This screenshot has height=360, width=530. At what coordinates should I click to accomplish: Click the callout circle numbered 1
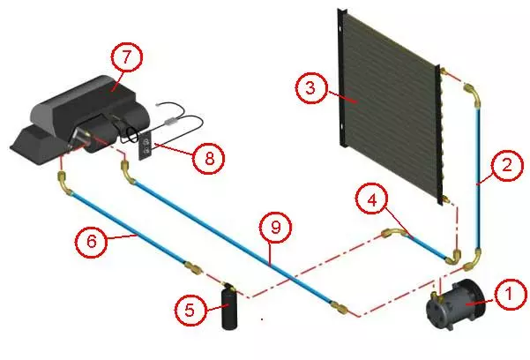pos(509,294)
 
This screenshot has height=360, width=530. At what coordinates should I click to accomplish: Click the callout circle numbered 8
pos(209,158)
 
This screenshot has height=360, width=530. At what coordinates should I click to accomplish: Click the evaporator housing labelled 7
pos(84,115)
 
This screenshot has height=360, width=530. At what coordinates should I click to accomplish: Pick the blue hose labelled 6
pos(123,226)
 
